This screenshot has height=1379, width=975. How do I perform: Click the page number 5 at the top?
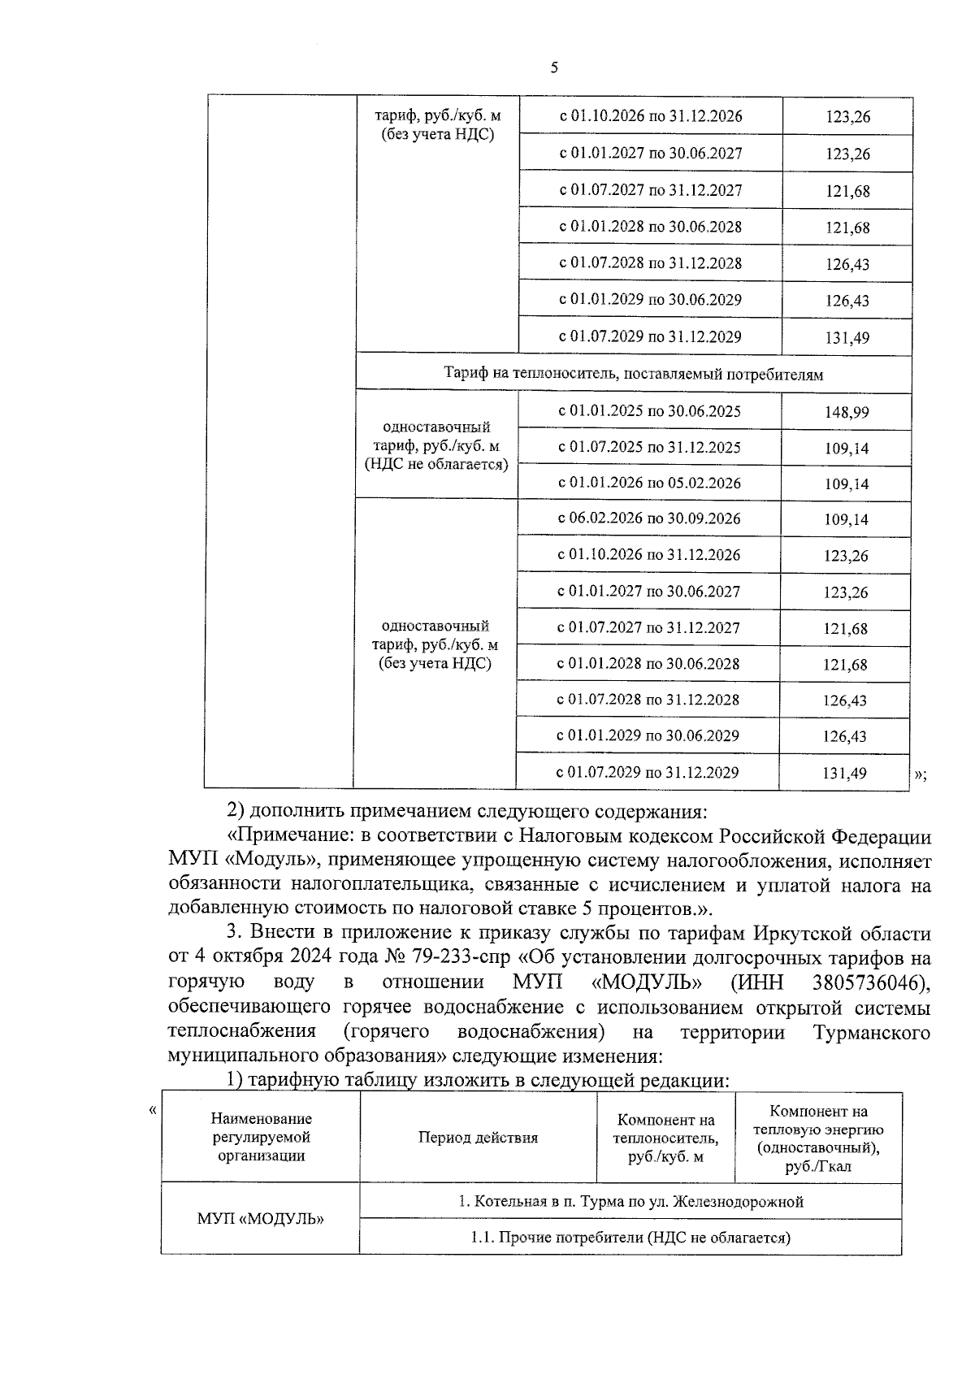click(x=553, y=68)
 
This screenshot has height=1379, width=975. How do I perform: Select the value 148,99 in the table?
click(x=846, y=413)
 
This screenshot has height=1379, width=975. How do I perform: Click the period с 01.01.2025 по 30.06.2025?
click(x=649, y=411)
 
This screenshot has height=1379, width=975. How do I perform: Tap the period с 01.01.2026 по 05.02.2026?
click(x=649, y=483)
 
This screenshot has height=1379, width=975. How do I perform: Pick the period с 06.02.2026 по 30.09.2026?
click(x=648, y=518)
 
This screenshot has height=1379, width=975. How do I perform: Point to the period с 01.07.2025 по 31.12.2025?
click(x=649, y=447)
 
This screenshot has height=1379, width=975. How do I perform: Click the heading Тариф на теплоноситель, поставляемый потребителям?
click(x=633, y=375)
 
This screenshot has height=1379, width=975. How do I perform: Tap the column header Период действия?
click(x=478, y=1138)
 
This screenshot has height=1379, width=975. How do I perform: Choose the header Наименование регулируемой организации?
click(x=261, y=1138)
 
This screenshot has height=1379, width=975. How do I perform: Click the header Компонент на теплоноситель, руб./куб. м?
click(x=665, y=1138)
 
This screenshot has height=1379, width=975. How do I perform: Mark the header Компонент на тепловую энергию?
click(x=818, y=1138)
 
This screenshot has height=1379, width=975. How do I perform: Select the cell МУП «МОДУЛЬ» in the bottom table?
click(x=260, y=1219)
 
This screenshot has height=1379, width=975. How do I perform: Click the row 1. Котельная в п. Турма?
click(x=630, y=1201)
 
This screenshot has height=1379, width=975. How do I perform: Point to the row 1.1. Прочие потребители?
click(x=630, y=1238)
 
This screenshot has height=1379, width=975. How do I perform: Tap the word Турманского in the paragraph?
click(x=871, y=1032)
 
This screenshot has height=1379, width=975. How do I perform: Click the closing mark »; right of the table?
click(x=920, y=774)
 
